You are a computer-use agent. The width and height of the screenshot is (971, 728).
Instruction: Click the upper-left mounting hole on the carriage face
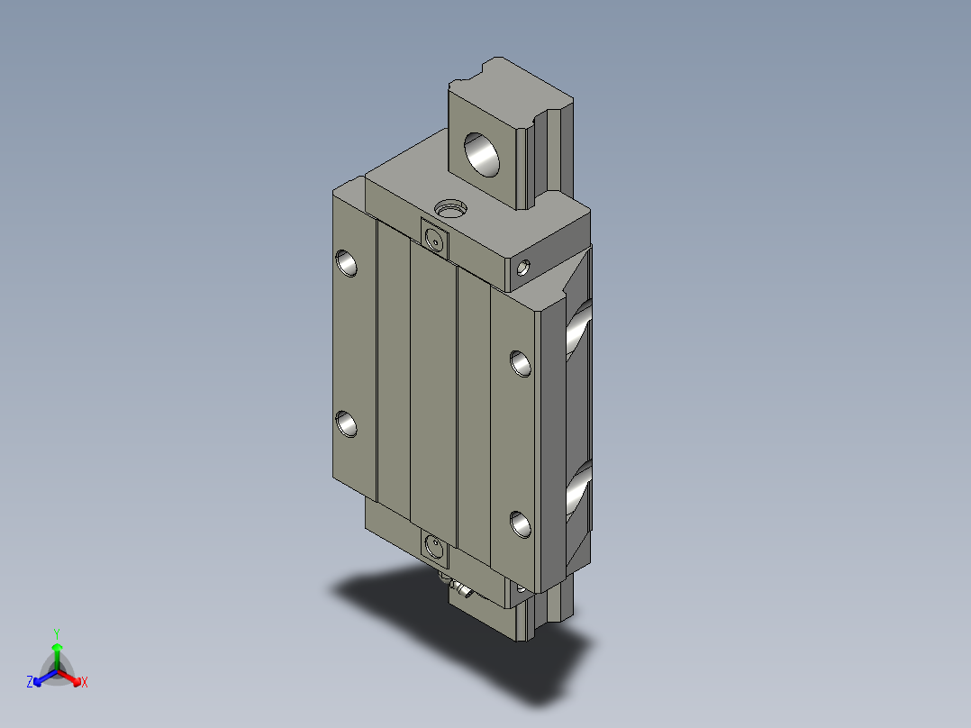tap(347, 262)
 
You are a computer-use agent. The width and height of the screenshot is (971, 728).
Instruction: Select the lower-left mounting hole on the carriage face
tap(347, 423)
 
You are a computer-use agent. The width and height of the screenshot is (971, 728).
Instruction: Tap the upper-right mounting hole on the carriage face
tap(521, 362)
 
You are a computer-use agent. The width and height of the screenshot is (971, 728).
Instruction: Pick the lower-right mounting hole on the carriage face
tap(521, 523)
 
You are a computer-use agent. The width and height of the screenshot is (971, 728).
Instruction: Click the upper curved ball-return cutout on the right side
tap(578, 330)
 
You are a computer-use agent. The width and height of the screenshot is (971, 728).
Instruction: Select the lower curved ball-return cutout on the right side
tap(578, 491)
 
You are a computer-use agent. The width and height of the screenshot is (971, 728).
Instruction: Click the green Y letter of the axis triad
tap(57, 633)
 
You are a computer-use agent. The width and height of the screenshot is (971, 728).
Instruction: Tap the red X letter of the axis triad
tap(85, 683)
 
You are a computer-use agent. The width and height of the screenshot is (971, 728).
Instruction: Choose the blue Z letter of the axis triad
tap(30, 683)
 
